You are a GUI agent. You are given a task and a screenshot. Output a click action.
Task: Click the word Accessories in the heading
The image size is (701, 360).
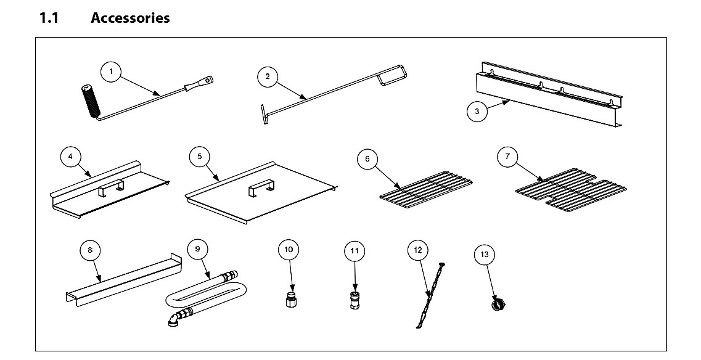130,18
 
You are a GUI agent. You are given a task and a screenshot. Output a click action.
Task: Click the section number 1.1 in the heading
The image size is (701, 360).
49,18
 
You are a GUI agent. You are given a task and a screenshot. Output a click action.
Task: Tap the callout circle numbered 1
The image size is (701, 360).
112,72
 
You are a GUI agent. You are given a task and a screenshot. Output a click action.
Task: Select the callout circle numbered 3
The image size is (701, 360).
477,112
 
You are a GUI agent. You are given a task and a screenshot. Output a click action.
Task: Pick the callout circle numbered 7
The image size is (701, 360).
507,157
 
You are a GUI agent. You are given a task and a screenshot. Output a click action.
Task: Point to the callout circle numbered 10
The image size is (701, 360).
289,250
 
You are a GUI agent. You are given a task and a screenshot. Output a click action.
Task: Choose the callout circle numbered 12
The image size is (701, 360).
418,250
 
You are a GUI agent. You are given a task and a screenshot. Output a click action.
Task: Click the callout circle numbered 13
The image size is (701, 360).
485,255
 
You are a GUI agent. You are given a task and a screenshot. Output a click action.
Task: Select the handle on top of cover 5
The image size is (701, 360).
260,189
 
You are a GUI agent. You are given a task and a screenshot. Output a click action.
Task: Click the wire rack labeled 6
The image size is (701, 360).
426,190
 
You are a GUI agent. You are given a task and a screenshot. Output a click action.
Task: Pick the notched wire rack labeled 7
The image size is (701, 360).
571,190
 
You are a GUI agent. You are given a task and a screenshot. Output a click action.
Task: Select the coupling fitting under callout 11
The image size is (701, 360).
355,300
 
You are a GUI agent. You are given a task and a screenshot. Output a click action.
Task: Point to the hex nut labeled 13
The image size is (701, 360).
498,305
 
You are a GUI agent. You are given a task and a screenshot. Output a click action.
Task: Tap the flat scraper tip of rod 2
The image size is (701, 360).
264,114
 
